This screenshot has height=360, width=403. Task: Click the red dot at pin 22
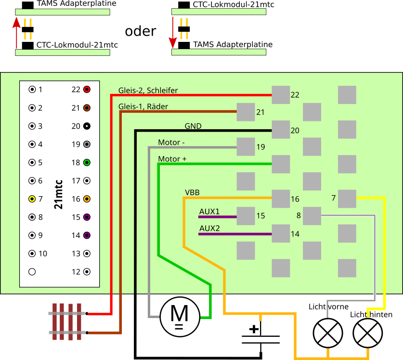pyautogui.click(x=87, y=89)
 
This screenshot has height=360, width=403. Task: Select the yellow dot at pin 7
pyautogui.click(x=32, y=199)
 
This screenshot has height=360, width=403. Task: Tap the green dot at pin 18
pyautogui.click(x=87, y=162)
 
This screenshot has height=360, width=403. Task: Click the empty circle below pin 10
pyautogui.click(x=32, y=271)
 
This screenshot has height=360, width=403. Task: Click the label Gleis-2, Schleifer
pyautogui.click(x=148, y=90)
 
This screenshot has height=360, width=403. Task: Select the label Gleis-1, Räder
pyautogui.click(x=143, y=107)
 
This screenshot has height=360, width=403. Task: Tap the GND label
pyautogui.click(x=193, y=126)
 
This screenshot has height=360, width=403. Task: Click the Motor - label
pyautogui.click(x=171, y=143)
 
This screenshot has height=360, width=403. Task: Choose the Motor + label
pyautogui.click(x=172, y=159)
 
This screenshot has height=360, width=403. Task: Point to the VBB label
pyautogui.click(x=192, y=192)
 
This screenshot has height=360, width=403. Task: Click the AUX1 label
pyautogui.click(x=209, y=212)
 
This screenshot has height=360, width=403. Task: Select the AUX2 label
pyautogui.click(x=209, y=228)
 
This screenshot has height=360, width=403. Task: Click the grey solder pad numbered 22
pyautogui.click(x=281, y=95)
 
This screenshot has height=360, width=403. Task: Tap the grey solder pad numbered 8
pyautogui.click(x=312, y=216)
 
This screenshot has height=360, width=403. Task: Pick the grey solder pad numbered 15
pyautogui.click(x=246, y=216)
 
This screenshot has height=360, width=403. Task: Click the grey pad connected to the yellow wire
pyautogui.click(x=347, y=199)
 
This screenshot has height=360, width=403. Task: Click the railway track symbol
pyautogui.click(x=67, y=322)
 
